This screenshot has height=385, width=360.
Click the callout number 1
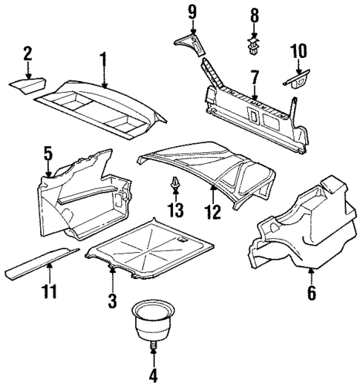(104, 58)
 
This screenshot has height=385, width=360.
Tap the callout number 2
(27, 53)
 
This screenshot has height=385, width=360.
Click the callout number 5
(48, 154)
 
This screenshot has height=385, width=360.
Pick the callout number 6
(310, 293)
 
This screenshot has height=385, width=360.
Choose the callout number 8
(255, 14)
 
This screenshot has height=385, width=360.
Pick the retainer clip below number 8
(255, 46)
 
